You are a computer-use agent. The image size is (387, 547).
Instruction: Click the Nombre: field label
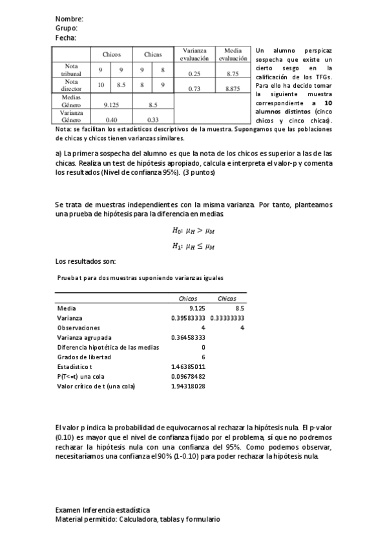point(69,19)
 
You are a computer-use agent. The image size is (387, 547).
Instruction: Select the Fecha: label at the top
point(66,38)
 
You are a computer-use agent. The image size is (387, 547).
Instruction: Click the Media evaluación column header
point(233,54)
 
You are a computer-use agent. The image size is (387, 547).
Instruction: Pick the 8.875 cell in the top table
point(233,89)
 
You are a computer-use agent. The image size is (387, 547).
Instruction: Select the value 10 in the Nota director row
point(101,85)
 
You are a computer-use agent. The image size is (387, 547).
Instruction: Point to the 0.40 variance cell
point(111,119)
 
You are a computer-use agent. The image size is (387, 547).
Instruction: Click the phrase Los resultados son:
point(85,261)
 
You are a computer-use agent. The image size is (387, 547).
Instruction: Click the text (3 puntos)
point(196,173)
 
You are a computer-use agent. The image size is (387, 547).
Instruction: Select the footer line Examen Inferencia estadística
point(103,510)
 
